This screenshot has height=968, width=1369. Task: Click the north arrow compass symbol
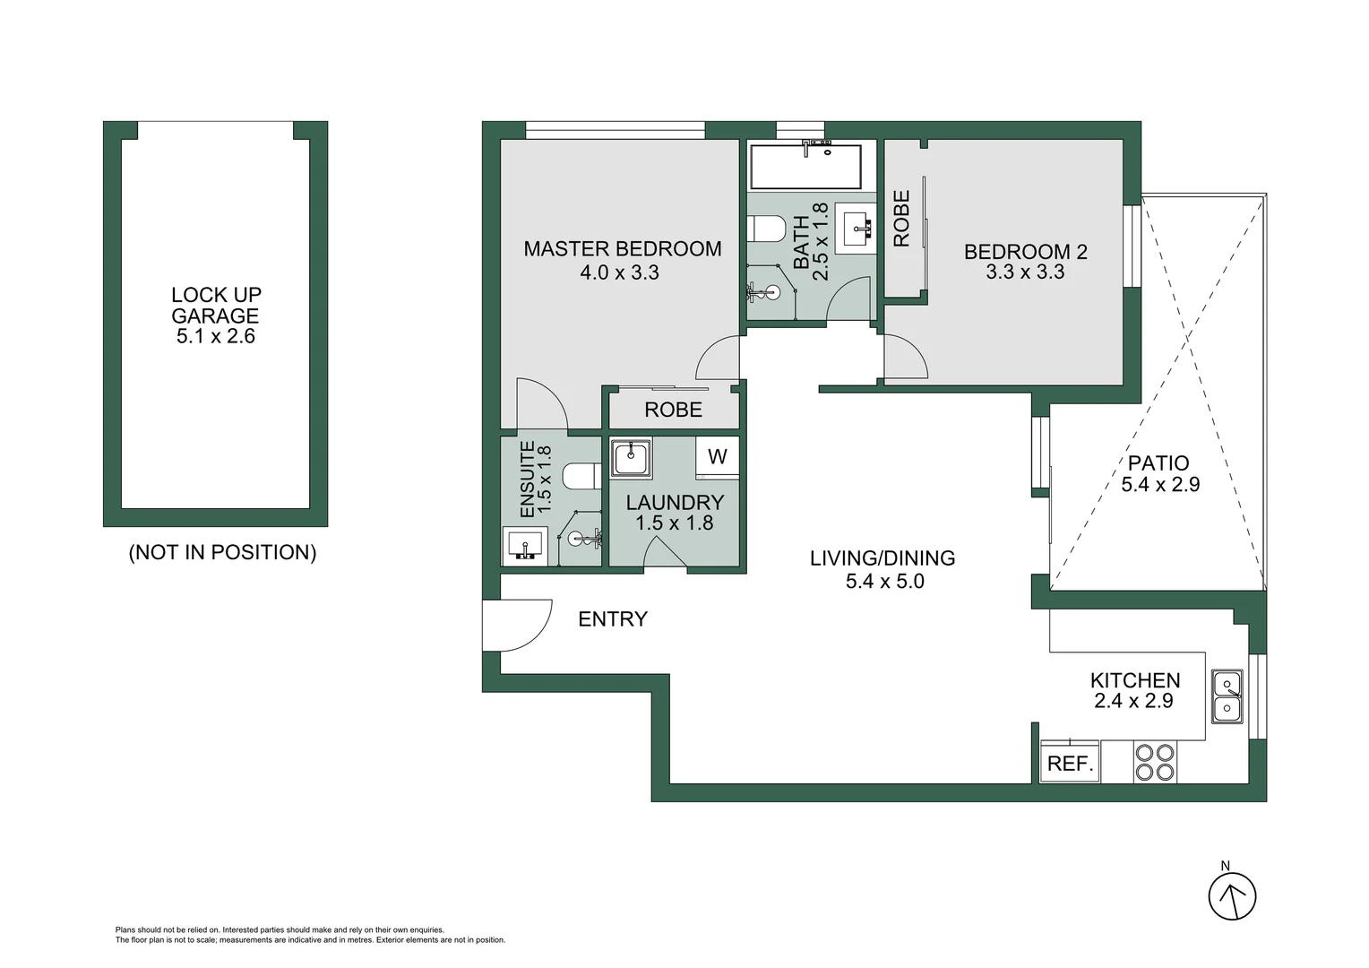[x=1232, y=895]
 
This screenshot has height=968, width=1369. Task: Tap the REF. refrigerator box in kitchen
[x=1070, y=763]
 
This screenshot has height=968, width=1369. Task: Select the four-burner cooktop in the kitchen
[x=1155, y=763]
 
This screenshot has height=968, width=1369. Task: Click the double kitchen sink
[x=1227, y=696]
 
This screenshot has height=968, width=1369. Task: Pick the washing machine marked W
[x=717, y=457]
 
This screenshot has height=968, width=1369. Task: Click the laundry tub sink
[x=631, y=458]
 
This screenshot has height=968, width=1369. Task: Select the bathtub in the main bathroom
[x=805, y=167]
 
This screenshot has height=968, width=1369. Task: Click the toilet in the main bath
[x=769, y=229]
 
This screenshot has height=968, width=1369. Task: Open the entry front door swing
[x=515, y=625]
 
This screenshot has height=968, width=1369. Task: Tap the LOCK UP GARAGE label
[x=216, y=305]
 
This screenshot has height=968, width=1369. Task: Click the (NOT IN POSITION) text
[x=222, y=552]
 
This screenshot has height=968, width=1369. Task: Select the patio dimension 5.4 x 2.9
[x=1160, y=485]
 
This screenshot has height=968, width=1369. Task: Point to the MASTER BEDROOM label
[x=622, y=249]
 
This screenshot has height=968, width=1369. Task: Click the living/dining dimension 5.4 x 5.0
[x=884, y=582]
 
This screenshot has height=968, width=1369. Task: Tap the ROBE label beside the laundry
[x=673, y=410]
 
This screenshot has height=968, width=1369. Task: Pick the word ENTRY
[x=612, y=619]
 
